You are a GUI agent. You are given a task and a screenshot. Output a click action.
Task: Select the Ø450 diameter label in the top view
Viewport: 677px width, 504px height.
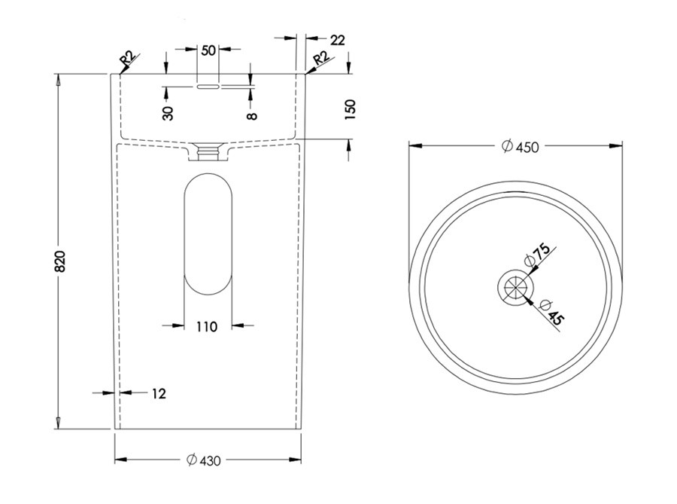click(x=520, y=147)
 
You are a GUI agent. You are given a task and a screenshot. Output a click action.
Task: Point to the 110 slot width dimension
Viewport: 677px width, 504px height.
click(x=207, y=326)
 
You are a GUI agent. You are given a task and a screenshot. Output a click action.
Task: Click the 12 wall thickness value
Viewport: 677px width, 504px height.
click(x=158, y=393)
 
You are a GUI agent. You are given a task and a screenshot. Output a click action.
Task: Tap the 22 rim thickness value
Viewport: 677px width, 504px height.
click(x=337, y=40)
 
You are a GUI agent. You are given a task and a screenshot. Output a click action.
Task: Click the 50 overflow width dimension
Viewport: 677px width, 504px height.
click(x=208, y=50)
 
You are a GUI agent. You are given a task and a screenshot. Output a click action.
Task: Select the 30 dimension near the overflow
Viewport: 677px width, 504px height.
click(x=168, y=113)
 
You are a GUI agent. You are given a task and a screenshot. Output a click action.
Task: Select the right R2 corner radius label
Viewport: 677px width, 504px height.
click(x=320, y=58)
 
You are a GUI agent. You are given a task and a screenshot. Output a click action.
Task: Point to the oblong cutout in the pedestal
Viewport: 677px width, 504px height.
click(x=208, y=234)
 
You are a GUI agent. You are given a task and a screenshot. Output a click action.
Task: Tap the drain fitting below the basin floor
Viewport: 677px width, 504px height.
click(x=208, y=151)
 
